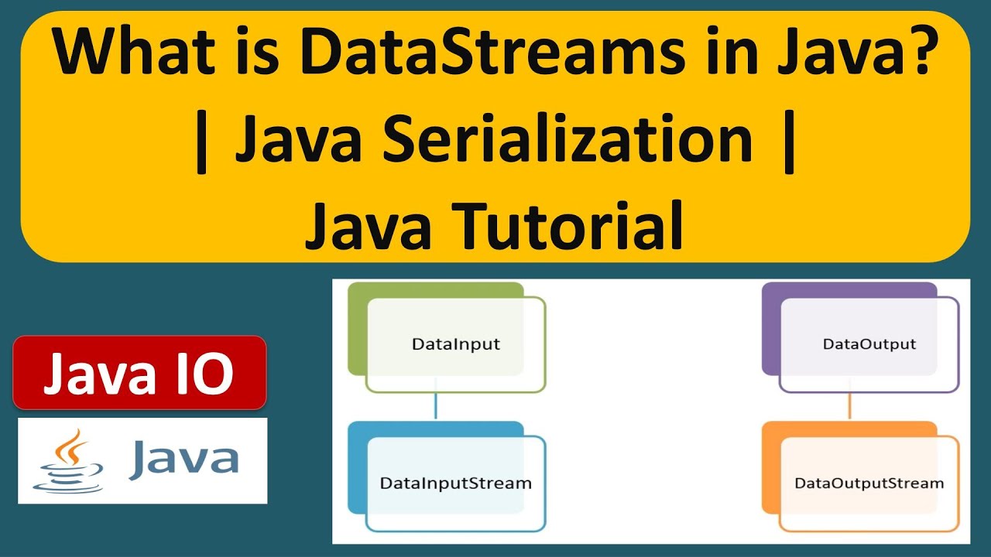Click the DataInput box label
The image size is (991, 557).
click(456, 344)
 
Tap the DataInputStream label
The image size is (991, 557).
click(456, 484)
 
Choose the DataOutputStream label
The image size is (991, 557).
click(869, 484)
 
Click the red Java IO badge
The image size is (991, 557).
click(139, 373)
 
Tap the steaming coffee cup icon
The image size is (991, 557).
click(68, 462)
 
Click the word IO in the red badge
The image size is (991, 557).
click(206, 374)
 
